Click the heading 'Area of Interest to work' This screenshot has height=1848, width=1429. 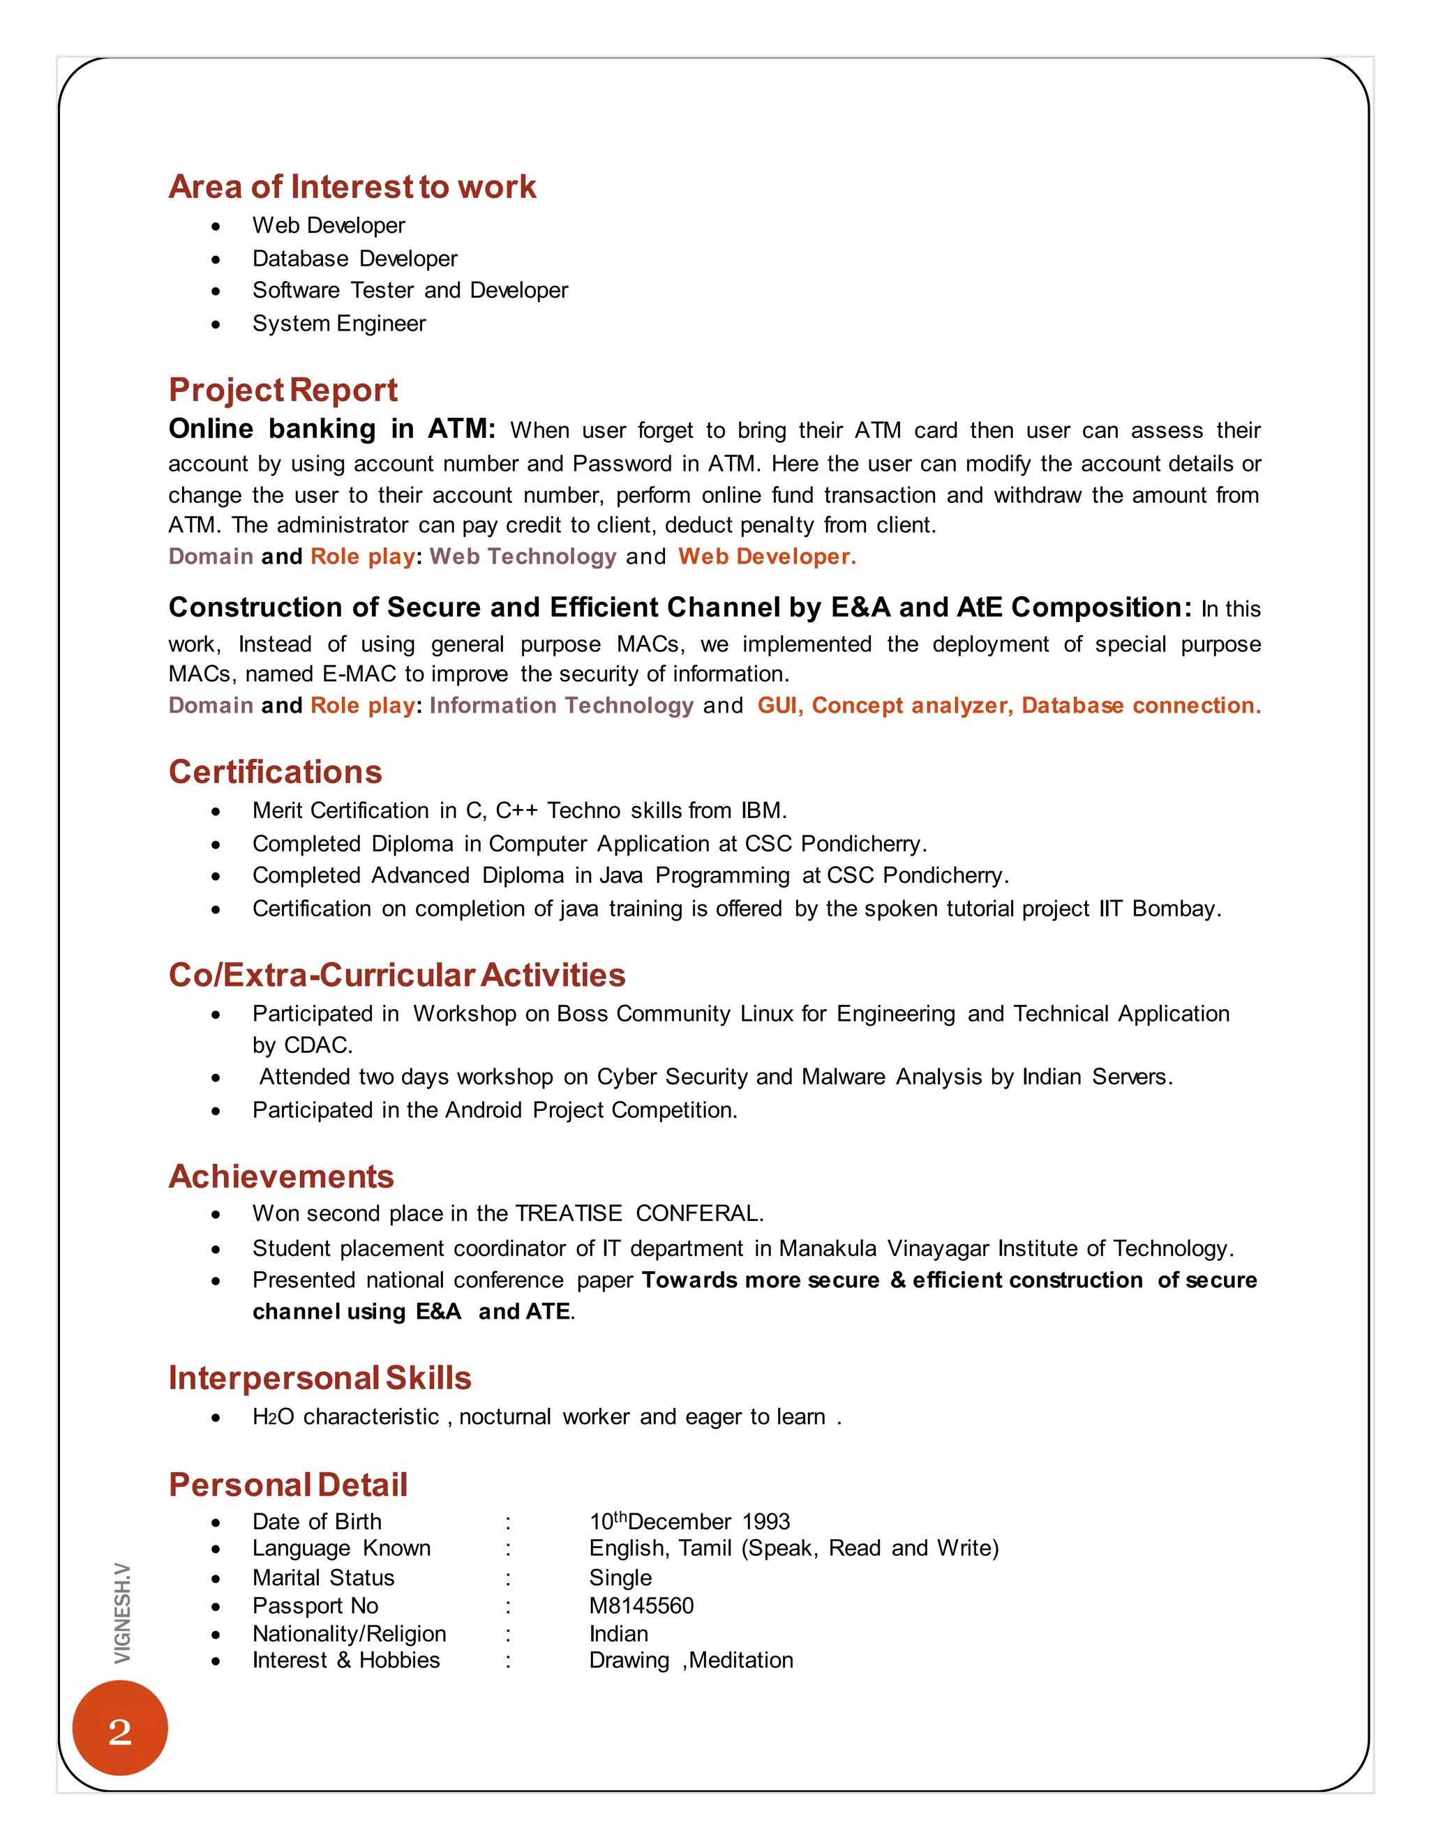click(x=352, y=187)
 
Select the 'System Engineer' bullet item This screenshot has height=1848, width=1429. click(x=338, y=324)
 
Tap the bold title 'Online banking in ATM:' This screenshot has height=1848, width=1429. click(x=331, y=429)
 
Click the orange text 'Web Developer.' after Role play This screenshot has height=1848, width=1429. click(x=766, y=556)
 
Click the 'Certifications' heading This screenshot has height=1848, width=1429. click(x=275, y=773)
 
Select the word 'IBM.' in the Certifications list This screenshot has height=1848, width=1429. click(x=763, y=810)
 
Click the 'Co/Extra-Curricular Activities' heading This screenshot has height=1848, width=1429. click(x=396, y=976)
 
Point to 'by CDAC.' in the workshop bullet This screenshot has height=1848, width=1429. click(x=302, y=1046)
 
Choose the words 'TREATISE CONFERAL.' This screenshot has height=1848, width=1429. click(x=639, y=1214)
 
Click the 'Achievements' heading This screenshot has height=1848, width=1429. click(x=281, y=1177)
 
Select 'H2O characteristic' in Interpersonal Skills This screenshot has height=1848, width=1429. click(x=345, y=1417)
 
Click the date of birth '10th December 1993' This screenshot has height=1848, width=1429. click(x=689, y=1522)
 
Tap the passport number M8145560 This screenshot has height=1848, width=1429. click(x=641, y=1606)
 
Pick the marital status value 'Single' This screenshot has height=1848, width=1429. click(x=620, y=1578)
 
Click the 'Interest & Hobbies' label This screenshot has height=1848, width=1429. click(x=345, y=1661)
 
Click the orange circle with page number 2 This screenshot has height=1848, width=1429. click(x=120, y=1728)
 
